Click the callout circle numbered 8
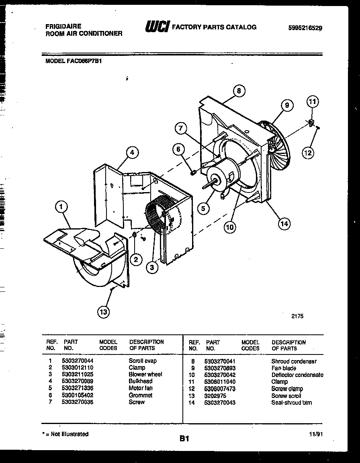pyautogui.click(x=239, y=91)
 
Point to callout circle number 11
pyautogui.click(x=313, y=102)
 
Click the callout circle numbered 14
pyautogui.click(x=284, y=224)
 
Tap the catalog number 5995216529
pyautogui.click(x=305, y=28)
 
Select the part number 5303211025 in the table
pyautogui.click(x=78, y=375)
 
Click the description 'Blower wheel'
pyautogui.click(x=145, y=375)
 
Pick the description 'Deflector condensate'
pyautogui.click(x=297, y=375)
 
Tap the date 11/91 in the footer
pyautogui.click(x=316, y=434)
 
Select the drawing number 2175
pyautogui.click(x=297, y=316)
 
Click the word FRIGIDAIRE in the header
pyautogui.click(x=63, y=26)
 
